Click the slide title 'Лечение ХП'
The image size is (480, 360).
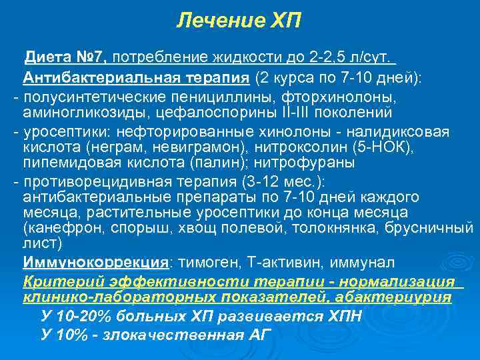click(239, 21)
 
